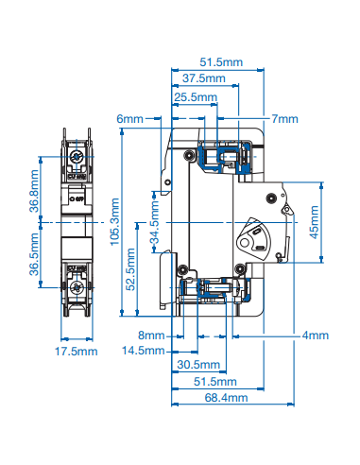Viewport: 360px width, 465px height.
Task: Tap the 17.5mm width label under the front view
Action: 76,352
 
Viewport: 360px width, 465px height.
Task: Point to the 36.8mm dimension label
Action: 33,190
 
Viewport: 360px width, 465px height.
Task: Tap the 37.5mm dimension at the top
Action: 205,78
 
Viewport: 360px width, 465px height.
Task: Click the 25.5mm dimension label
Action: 196,96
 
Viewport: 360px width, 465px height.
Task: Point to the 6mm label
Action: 129,119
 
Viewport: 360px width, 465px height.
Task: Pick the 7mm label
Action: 283,119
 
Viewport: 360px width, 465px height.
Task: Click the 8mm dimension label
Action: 151,336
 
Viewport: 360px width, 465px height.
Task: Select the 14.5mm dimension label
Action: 144,351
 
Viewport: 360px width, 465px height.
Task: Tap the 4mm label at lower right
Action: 315,336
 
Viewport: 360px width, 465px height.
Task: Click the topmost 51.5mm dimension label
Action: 221,61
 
